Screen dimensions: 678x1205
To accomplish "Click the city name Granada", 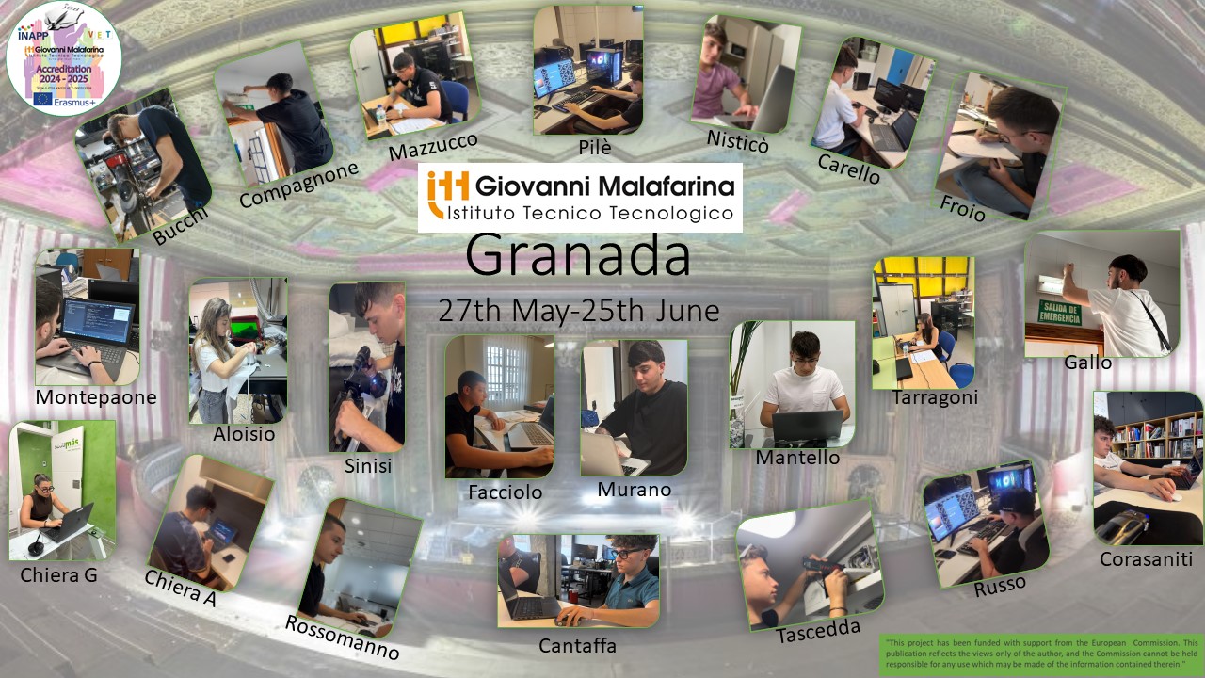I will coord(578,256).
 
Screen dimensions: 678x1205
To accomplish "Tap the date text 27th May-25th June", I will coord(578,310).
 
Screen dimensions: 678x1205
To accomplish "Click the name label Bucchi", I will coord(181,224).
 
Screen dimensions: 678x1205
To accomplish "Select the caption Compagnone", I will coord(299,185).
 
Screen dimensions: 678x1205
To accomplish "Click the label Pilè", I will coord(594,146).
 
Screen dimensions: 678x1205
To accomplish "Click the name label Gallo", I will coord(1087,363).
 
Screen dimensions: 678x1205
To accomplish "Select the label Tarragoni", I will coord(935,397).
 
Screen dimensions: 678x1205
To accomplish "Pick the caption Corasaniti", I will coord(1146,559).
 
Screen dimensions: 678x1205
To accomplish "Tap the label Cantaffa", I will coord(577,645).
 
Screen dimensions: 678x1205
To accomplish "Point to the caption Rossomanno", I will coord(342,638).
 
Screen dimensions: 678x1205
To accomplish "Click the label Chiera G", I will coord(58,574).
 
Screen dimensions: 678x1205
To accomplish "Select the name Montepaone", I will coord(96,397).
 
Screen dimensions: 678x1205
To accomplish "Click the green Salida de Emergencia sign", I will coord(1058,312).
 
